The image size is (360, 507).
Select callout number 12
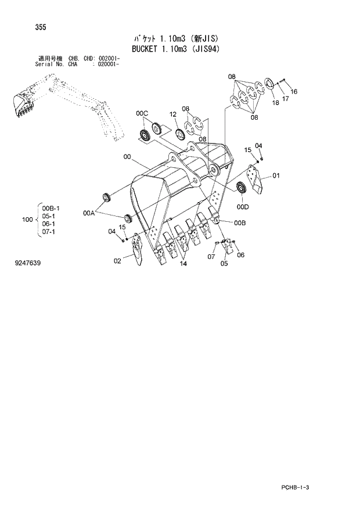[172, 115]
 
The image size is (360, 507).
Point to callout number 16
[293, 91]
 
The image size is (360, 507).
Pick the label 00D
[242, 206]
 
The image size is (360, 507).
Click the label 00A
[88, 214]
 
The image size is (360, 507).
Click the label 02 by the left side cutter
[117, 261]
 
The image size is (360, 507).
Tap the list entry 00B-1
[50, 207]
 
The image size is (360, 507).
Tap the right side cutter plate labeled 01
[255, 180]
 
